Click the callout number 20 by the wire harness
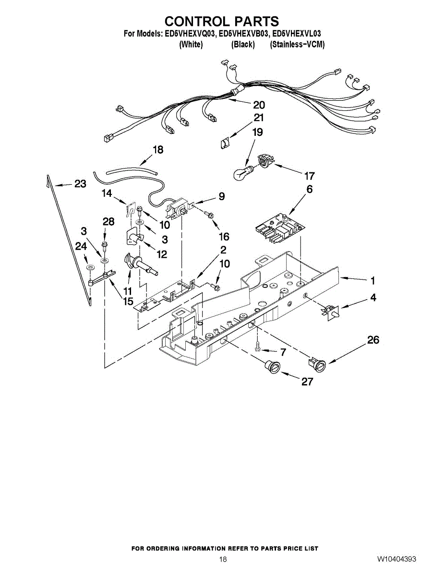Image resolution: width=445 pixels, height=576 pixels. pyautogui.click(x=259, y=105)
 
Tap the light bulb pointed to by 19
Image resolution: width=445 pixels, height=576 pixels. pyautogui.click(x=242, y=173)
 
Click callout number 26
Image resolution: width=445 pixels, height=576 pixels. pyautogui.click(x=373, y=340)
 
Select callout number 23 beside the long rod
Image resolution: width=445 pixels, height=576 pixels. pyautogui.click(x=80, y=184)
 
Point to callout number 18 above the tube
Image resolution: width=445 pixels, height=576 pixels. pyautogui.click(x=157, y=150)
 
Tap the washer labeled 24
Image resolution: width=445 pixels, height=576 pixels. pyautogui.click(x=88, y=266)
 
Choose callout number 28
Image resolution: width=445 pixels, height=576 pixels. pyautogui.click(x=109, y=221)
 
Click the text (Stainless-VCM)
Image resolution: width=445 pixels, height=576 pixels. pyautogui.click(x=297, y=45)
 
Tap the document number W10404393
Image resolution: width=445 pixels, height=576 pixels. pyautogui.click(x=396, y=559)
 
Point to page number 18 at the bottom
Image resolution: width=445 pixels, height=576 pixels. pyautogui.click(x=223, y=559)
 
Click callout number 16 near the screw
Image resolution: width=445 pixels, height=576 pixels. pyautogui.click(x=224, y=236)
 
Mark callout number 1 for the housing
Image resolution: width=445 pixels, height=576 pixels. pyautogui.click(x=373, y=281)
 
